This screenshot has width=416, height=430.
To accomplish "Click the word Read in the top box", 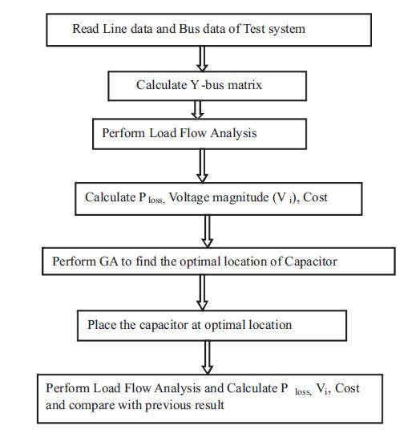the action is [x=86, y=29].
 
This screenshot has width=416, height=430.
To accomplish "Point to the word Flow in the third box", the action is [x=193, y=133].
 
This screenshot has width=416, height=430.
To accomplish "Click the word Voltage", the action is [x=188, y=197].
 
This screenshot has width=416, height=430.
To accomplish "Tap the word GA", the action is [x=108, y=262].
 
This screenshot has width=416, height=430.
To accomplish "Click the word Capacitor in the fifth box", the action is [x=310, y=262].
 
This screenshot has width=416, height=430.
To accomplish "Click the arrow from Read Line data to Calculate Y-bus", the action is [x=202, y=59].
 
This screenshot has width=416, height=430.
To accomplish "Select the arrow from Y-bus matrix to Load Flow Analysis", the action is [x=198, y=110].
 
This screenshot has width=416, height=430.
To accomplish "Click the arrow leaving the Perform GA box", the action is [x=202, y=293].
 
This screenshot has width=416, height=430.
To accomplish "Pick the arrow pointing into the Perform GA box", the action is [x=208, y=231].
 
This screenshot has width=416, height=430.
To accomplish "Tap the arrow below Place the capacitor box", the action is [x=208, y=358].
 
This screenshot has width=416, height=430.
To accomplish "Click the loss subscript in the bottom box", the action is [x=303, y=391].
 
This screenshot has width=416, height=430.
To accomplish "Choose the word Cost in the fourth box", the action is [x=315, y=197].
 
